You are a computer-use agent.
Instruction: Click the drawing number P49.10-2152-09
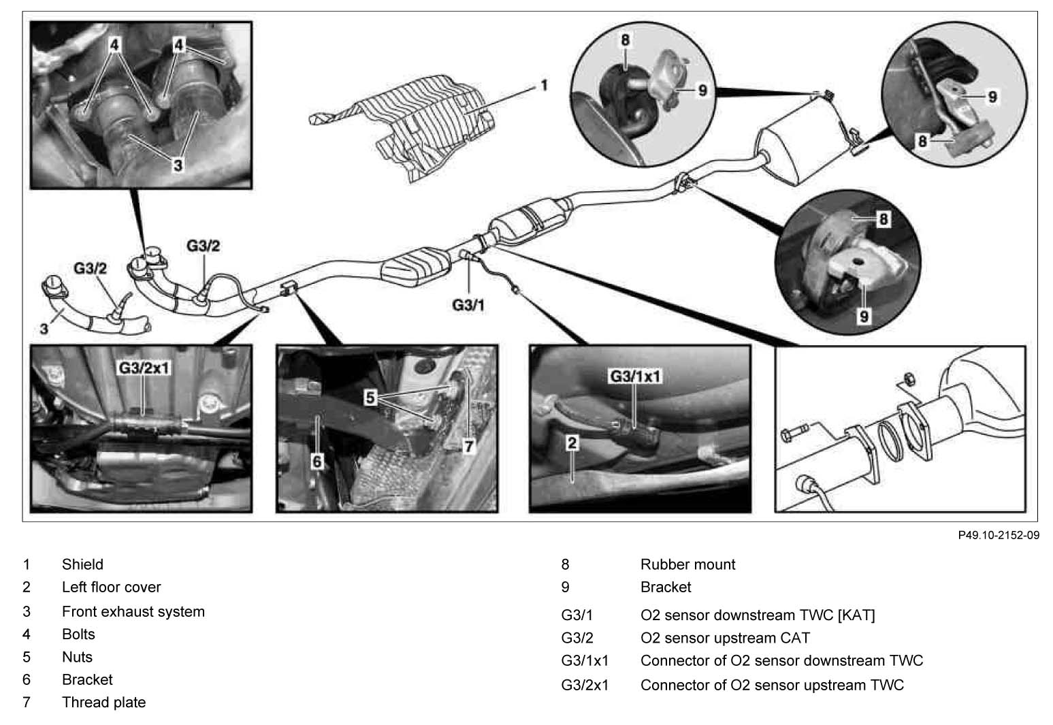(999, 535)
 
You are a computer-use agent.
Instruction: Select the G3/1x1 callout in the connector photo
(634, 376)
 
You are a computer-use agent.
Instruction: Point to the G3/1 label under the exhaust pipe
(468, 305)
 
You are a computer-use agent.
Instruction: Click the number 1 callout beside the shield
(544, 86)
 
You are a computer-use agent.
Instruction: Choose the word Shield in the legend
(82, 564)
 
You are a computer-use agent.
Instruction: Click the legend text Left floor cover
(111, 587)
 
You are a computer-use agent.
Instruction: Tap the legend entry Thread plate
(103, 702)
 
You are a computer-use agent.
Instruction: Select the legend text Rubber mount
(687, 564)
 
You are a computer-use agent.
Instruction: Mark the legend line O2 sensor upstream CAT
(725, 638)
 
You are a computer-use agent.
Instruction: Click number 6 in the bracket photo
(317, 461)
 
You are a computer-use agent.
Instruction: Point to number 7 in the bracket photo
(468, 446)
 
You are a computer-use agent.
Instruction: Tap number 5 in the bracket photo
(370, 397)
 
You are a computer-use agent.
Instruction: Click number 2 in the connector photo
(572, 443)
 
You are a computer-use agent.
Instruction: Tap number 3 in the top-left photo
(177, 164)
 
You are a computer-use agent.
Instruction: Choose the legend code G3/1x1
(585, 660)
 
